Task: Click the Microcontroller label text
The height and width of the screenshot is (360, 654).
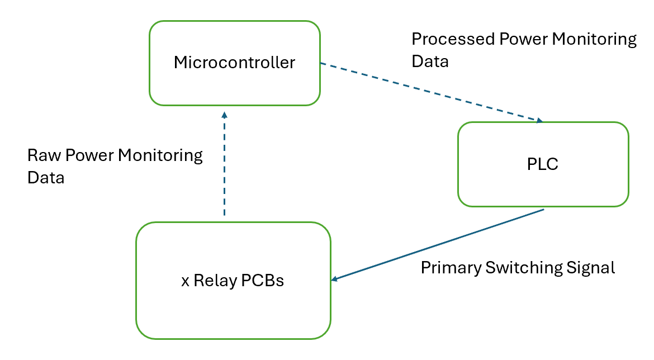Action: (x=234, y=62)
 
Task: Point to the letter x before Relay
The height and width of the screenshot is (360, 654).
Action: (x=185, y=281)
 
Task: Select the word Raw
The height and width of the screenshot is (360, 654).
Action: (x=44, y=155)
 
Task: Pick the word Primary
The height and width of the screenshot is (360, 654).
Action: (x=451, y=268)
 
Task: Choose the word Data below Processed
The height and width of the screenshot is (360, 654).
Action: (x=430, y=61)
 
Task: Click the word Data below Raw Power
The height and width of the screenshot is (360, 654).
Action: (x=46, y=178)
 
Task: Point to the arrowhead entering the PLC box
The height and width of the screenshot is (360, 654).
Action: (x=539, y=120)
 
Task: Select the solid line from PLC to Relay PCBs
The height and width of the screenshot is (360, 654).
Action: (x=442, y=244)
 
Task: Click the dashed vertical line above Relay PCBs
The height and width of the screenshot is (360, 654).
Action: (x=224, y=168)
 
